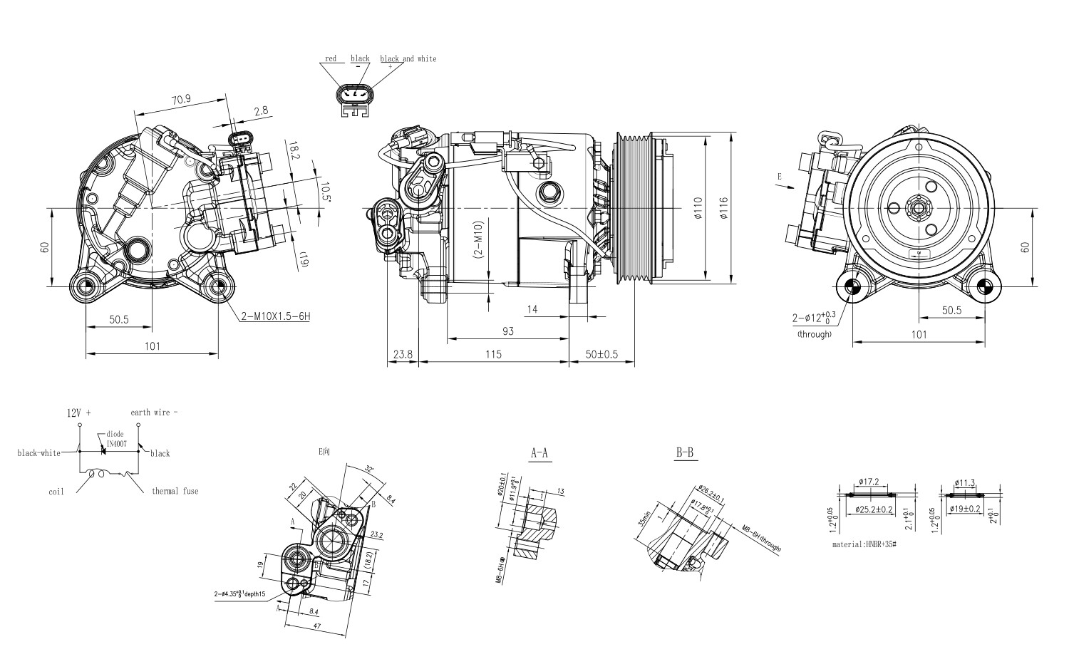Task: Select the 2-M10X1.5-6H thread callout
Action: click(274, 316)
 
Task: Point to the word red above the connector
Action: click(331, 58)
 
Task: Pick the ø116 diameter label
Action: click(723, 207)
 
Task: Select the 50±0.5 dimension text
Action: click(601, 354)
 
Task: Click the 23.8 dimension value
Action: click(403, 354)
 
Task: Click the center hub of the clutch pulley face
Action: click(918, 209)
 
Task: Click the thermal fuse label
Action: click(175, 491)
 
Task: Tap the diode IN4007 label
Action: click(115, 438)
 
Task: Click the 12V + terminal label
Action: click(80, 413)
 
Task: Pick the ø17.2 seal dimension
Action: click(869, 482)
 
